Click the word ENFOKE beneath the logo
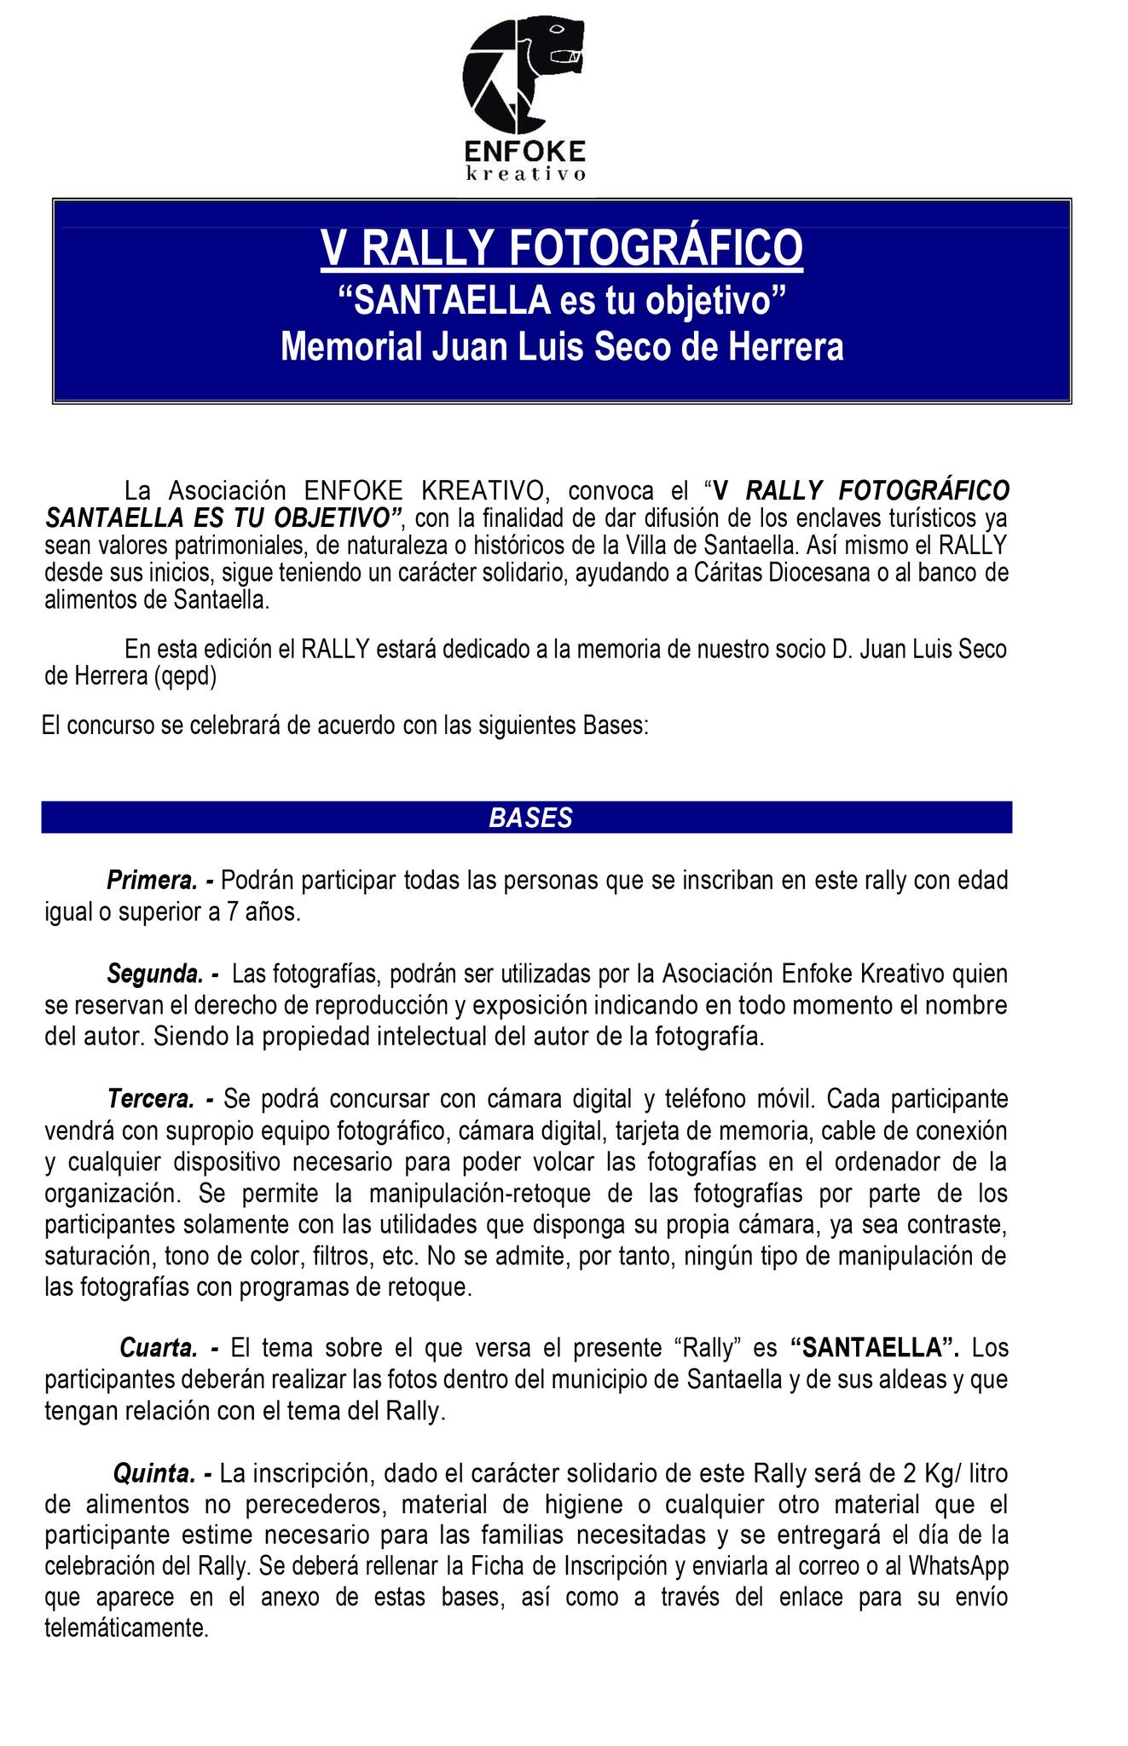pos(525,151)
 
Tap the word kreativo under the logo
pos(525,174)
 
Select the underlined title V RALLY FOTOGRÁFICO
pos(562,248)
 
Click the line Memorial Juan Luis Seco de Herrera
pos(562,348)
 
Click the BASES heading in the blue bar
pos(530,818)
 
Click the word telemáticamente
pos(126,1628)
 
